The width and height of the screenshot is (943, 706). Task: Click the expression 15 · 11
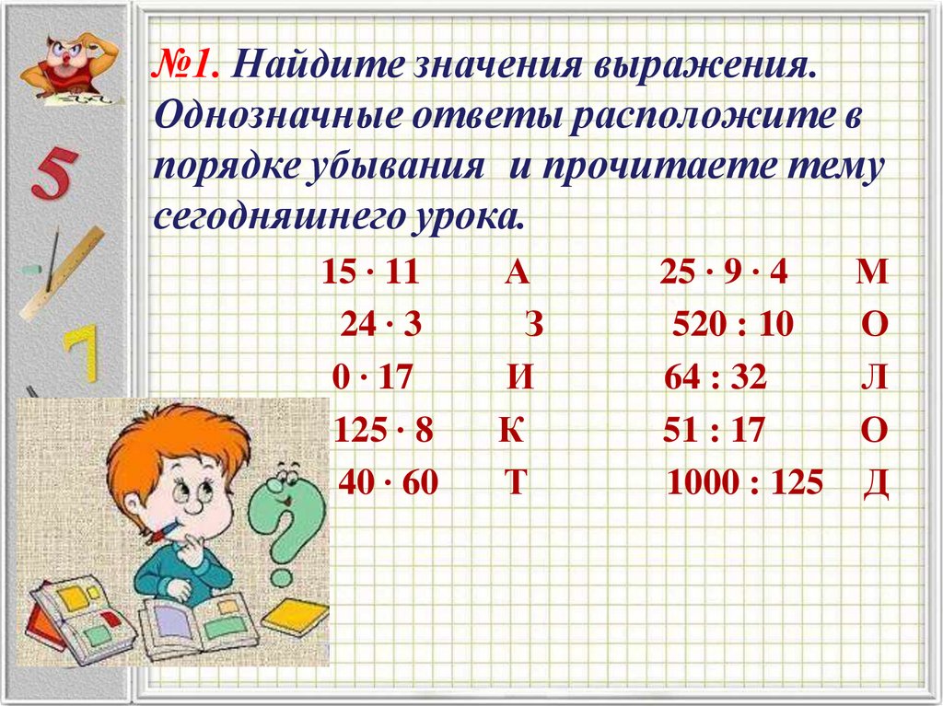tap(371, 272)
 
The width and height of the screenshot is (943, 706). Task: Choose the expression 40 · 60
tap(389, 482)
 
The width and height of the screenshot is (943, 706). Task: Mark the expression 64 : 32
tap(715, 377)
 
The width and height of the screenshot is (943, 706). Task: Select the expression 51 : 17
tap(714, 431)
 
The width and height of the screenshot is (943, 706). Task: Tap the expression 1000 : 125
tap(743, 482)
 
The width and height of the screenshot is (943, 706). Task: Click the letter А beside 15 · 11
tap(517, 272)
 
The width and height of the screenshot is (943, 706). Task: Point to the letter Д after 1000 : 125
tap(875, 483)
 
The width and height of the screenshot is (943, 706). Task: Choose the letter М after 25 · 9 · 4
tap(870, 272)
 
